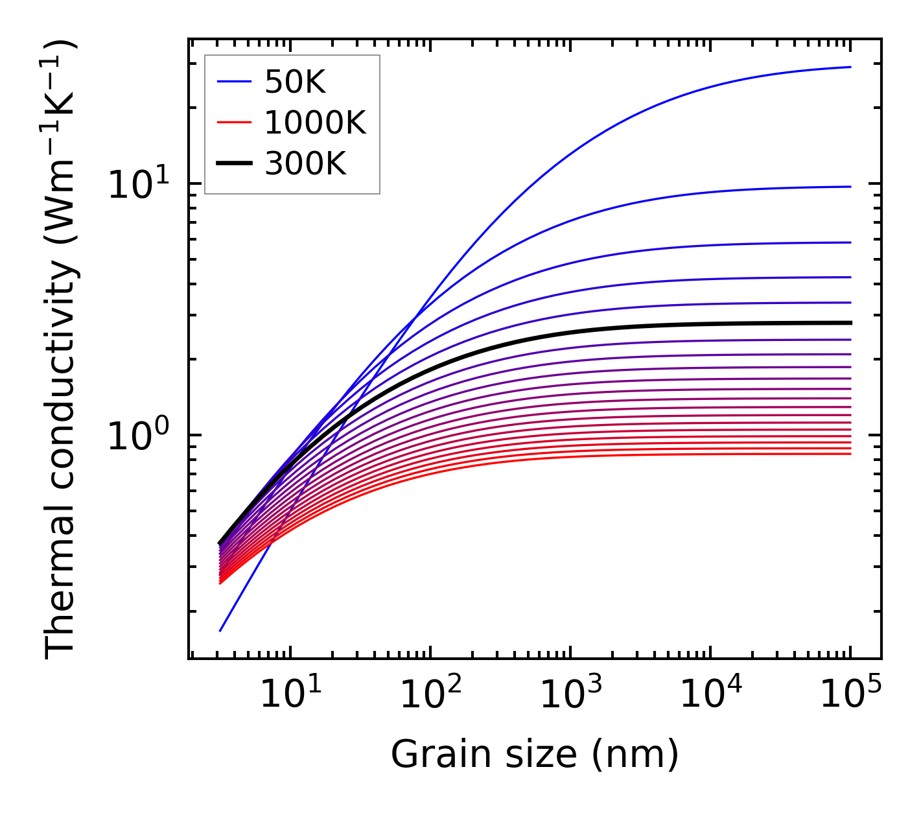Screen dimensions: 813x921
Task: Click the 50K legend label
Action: (x=296, y=82)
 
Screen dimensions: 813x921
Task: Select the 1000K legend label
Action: (x=316, y=123)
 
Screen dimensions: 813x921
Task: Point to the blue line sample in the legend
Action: (x=233, y=82)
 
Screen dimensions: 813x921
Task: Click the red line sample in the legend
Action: (x=233, y=123)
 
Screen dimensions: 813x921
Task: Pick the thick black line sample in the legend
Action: (x=233, y=163)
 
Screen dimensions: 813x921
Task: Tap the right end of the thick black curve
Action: (x=850, y=322)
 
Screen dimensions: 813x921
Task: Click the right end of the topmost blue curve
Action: (x=850, y=67)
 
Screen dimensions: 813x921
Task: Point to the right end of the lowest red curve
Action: (x=850, y=453)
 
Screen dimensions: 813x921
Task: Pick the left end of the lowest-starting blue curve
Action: (x=221, y=630)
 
